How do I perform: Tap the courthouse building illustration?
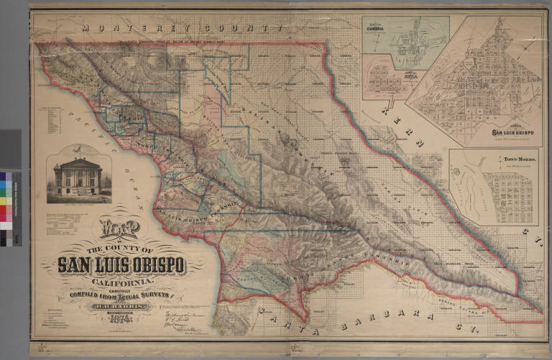point(78,177)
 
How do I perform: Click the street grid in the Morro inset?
point(507,198)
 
